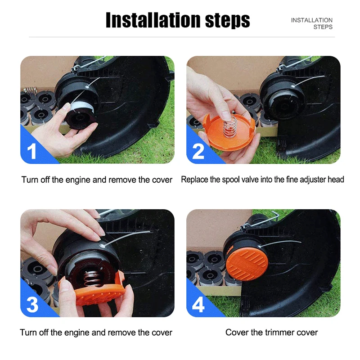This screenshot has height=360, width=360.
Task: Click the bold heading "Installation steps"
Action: tap(178, 20)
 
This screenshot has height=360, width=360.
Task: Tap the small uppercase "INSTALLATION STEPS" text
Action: tap(311, 23)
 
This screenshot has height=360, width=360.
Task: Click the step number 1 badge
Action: tap(31, 151)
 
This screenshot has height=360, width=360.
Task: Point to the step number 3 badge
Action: tap(32, 305)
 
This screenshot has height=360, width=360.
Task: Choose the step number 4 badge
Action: tap(198, 305)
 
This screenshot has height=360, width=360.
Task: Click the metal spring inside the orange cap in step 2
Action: tap(230, 126)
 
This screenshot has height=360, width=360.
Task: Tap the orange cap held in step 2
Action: tap(229, 132)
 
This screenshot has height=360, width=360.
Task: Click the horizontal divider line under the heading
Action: tap(182, 37)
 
